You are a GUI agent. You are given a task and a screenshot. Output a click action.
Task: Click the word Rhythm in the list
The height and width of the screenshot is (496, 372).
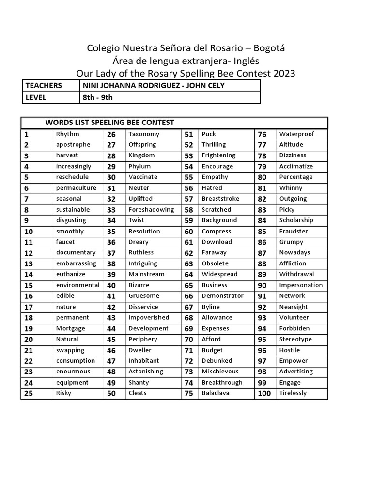67,134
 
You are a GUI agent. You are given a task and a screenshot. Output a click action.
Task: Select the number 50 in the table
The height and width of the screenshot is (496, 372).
111,393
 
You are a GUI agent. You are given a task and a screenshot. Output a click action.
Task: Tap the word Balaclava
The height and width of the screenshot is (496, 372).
216,393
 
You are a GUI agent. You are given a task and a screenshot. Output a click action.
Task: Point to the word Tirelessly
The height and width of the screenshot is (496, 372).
293,393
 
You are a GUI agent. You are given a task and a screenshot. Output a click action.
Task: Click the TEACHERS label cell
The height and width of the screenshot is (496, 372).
44,86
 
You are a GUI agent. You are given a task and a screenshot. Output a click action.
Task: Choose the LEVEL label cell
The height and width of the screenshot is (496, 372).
36,97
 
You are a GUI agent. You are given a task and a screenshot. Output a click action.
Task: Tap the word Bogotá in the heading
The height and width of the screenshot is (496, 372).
267,48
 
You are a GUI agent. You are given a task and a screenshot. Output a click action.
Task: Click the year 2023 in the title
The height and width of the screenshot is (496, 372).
284,74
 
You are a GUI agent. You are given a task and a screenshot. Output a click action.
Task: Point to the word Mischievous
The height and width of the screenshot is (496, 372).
220,372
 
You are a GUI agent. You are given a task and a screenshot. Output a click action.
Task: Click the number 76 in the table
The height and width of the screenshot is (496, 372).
262,134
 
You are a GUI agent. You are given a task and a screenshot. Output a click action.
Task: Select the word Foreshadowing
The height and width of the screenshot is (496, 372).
151,210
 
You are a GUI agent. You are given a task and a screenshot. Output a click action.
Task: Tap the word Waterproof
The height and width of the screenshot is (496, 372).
296,134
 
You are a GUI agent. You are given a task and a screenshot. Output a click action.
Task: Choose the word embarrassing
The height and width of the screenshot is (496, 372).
76,263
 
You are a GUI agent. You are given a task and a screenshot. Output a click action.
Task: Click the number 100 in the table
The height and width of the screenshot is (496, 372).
264,393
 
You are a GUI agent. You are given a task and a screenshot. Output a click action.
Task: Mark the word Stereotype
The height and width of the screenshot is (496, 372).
295,339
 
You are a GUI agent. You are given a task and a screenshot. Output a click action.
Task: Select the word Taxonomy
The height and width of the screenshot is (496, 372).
144,134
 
